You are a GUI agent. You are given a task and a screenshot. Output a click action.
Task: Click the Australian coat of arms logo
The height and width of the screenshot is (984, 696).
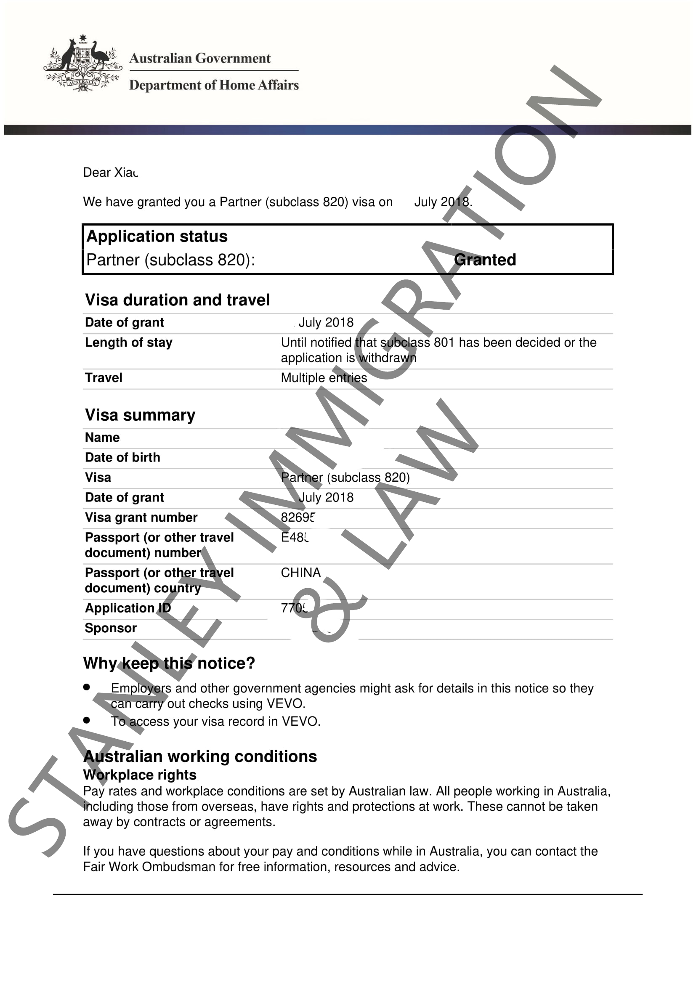83,64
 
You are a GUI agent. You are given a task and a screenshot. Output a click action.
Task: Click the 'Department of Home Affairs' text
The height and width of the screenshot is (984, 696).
214,85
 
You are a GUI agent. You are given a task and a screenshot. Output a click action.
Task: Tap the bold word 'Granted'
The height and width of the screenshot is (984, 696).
485,260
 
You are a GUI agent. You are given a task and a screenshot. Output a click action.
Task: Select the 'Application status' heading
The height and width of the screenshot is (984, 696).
157,236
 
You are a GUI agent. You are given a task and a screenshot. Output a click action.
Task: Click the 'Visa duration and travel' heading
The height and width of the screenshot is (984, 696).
178,300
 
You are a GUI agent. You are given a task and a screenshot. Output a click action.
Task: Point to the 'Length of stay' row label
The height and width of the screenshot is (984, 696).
129,342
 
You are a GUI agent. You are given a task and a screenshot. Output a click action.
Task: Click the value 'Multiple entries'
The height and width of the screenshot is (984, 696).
324,377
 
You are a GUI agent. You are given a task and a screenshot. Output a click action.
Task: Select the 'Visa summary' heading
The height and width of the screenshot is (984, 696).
140,415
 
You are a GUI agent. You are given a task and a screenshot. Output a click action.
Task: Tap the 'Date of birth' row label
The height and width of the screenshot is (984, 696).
122,457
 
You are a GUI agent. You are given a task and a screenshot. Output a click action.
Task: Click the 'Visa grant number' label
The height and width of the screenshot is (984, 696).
141,517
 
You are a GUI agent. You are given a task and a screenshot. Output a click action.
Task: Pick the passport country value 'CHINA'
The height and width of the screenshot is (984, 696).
301,573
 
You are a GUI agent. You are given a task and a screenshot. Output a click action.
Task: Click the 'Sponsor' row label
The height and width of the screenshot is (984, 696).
111,628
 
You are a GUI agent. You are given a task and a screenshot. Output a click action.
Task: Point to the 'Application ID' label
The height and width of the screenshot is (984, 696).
128,608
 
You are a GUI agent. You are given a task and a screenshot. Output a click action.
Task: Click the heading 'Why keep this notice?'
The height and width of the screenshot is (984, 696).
169,663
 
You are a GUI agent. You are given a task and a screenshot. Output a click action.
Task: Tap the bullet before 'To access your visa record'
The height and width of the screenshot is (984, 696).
87,720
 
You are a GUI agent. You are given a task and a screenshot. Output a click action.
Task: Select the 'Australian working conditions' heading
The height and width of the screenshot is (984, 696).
200,756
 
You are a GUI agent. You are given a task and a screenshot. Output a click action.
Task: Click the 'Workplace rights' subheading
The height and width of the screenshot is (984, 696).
140,775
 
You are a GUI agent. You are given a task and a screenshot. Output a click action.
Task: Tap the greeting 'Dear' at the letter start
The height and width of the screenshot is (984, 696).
97,172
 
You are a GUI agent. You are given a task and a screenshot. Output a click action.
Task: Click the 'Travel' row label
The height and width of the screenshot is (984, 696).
104,377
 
